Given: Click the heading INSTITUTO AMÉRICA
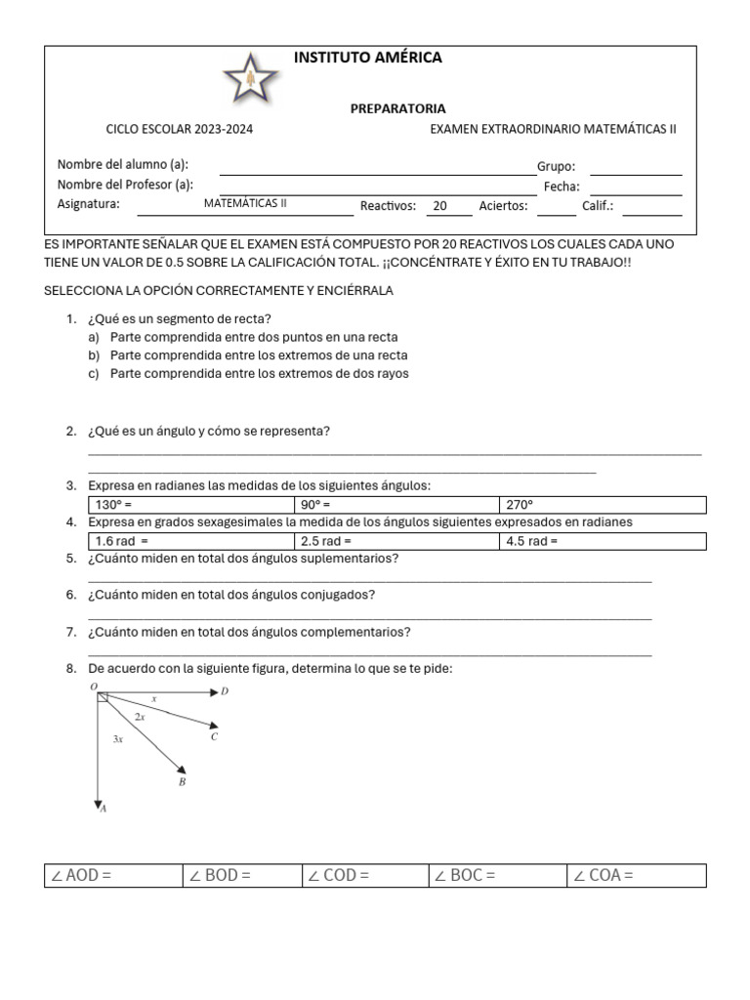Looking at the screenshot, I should tap(368, 59).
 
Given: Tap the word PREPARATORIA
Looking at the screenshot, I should tap(397, 109).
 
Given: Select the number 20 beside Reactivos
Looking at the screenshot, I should tap(440, 206).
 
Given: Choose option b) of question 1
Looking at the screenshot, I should tap(259, 355).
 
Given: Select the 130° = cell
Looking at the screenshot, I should tap(191, 505).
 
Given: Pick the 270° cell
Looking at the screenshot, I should tap(602, 505).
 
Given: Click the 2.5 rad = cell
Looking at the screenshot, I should tap(396, 541).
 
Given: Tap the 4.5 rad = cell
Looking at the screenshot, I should tap(602, 541).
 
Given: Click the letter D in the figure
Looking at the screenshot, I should tap(225, 692).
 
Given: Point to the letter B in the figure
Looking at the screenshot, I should tap(182, 781).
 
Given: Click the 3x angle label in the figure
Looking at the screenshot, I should tap(118, 740).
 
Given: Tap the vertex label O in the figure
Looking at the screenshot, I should tap(94, 687).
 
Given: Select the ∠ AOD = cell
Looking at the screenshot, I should tap(113, 875).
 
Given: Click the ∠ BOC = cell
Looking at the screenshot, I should tap(497, 875).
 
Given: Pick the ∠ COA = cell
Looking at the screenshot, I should tap(636, 875).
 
